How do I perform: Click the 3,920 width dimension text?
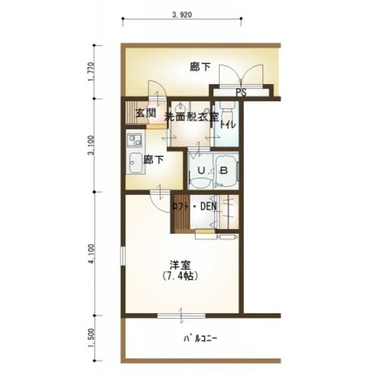click(x=182, y=15)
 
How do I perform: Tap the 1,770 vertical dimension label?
click(x=91, y=71)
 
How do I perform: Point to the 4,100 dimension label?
click(x=91, y=254)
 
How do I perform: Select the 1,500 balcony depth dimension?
click(x=91, y=338)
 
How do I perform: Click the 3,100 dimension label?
click(x=91, y=146)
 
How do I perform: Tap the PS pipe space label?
click(x=241, y=93)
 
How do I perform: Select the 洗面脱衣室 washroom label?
click(x=192, y=117)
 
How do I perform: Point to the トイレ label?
click(x=228, y=125)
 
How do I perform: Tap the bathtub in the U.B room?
click(x=226, y=170)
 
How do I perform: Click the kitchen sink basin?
click(x=135, y=162)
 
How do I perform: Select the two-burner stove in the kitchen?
click(x=134, y=141)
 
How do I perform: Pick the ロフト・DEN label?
click(x=194, y=206)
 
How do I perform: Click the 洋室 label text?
click(x=180, y=265)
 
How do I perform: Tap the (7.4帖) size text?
click(x=180, y=276)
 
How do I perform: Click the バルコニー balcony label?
click(x=200, y=339)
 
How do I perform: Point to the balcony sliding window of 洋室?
click(x=181, y=315)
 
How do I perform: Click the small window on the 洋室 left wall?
click(x=123, y=256)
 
